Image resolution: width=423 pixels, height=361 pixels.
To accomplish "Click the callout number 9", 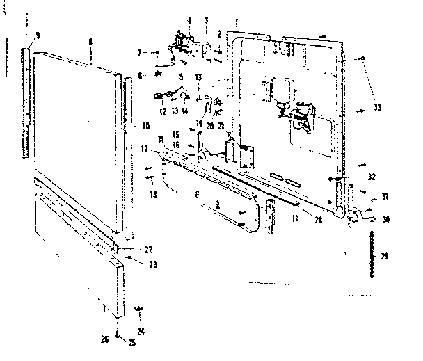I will (38, 35).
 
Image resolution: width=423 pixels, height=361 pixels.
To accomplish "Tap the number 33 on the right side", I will (377, 107).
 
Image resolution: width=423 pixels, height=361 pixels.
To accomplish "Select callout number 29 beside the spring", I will (385, 257).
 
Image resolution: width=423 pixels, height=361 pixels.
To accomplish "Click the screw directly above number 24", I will (140, 307).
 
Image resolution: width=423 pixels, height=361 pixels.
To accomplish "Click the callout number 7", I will (139, 52).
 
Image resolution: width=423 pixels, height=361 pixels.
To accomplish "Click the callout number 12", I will (161, 112).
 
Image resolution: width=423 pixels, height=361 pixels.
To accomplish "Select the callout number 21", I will (222, 127).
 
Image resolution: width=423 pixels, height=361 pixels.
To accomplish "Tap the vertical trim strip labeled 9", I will (26, 104).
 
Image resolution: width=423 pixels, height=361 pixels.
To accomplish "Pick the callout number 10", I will (146, 127).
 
